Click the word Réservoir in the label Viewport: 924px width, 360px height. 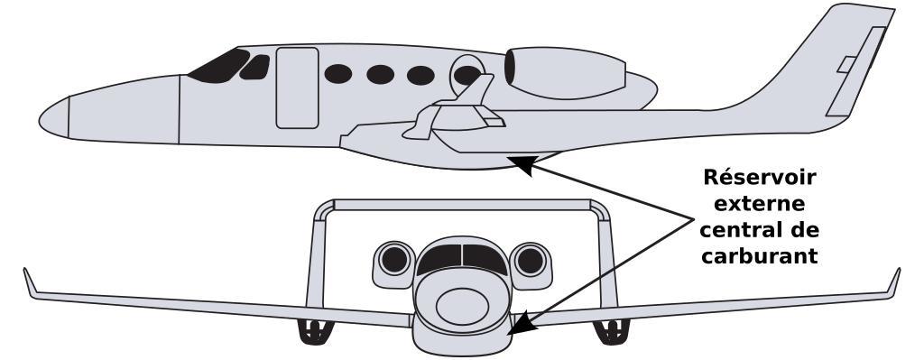[x=760, y=178]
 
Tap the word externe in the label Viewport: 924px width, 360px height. [x=760, y=204]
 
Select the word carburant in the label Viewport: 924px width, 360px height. [x=760, y=256]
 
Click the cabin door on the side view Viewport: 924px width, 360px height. [x=297, y=88]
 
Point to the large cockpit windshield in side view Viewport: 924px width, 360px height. [x=219, y=66]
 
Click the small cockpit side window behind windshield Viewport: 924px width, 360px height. [x=254, y=67]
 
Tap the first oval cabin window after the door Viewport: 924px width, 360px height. [x=338, y=74]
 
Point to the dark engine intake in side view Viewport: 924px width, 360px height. [x=510, y=67]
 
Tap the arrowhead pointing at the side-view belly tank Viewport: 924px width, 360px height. [x=526, y=165]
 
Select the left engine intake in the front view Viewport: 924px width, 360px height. [x=394, y=259]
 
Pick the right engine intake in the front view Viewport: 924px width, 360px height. [x=531, y=260]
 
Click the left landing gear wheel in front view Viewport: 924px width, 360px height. [x=313, y=332]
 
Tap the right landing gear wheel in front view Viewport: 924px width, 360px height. [x=611, y=332]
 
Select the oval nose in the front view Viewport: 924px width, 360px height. [x=462, y=307]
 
